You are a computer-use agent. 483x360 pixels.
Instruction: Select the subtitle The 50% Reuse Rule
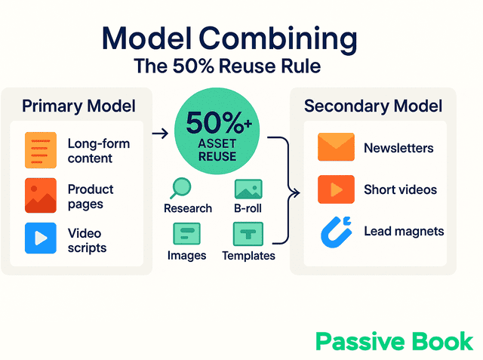[227, 66]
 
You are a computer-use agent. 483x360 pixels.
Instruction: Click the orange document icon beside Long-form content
[40, 149]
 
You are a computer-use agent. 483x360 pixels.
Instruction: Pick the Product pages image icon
[40, 195]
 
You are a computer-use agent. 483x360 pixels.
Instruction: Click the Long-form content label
[98, 150]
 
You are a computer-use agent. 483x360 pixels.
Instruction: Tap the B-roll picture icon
[248, 189]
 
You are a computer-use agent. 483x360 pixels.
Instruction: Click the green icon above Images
[186, 234]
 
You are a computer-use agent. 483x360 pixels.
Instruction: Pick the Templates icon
[248, 234]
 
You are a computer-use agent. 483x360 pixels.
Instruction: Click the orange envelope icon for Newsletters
[336, 147]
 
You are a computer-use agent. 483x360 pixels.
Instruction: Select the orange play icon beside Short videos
[336, 189]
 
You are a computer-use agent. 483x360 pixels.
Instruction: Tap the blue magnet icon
[335, 232]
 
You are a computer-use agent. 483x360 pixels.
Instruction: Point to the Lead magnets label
[404, 231]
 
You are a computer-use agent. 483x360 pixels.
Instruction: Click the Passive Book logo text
[395, 341]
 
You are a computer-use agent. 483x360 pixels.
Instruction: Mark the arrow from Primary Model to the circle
[159, 134]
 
